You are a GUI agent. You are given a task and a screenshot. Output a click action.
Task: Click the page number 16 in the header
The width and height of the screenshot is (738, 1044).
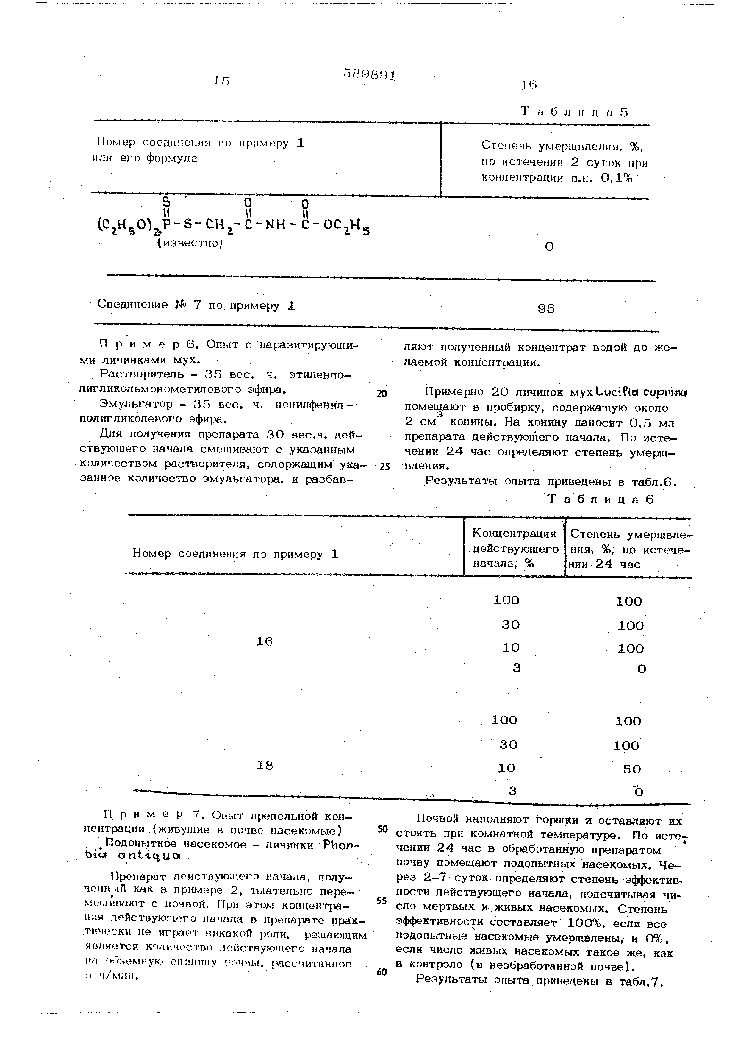(529, 85)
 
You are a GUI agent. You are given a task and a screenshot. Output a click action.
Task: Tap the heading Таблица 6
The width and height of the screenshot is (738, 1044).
(601, 499)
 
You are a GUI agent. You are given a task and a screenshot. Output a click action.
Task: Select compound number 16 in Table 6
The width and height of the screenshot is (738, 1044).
(265, 642)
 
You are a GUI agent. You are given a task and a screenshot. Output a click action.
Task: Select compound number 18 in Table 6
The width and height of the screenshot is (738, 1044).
(265, 766)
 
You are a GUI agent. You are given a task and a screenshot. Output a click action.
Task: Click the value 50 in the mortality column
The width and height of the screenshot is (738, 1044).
(632, 769)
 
